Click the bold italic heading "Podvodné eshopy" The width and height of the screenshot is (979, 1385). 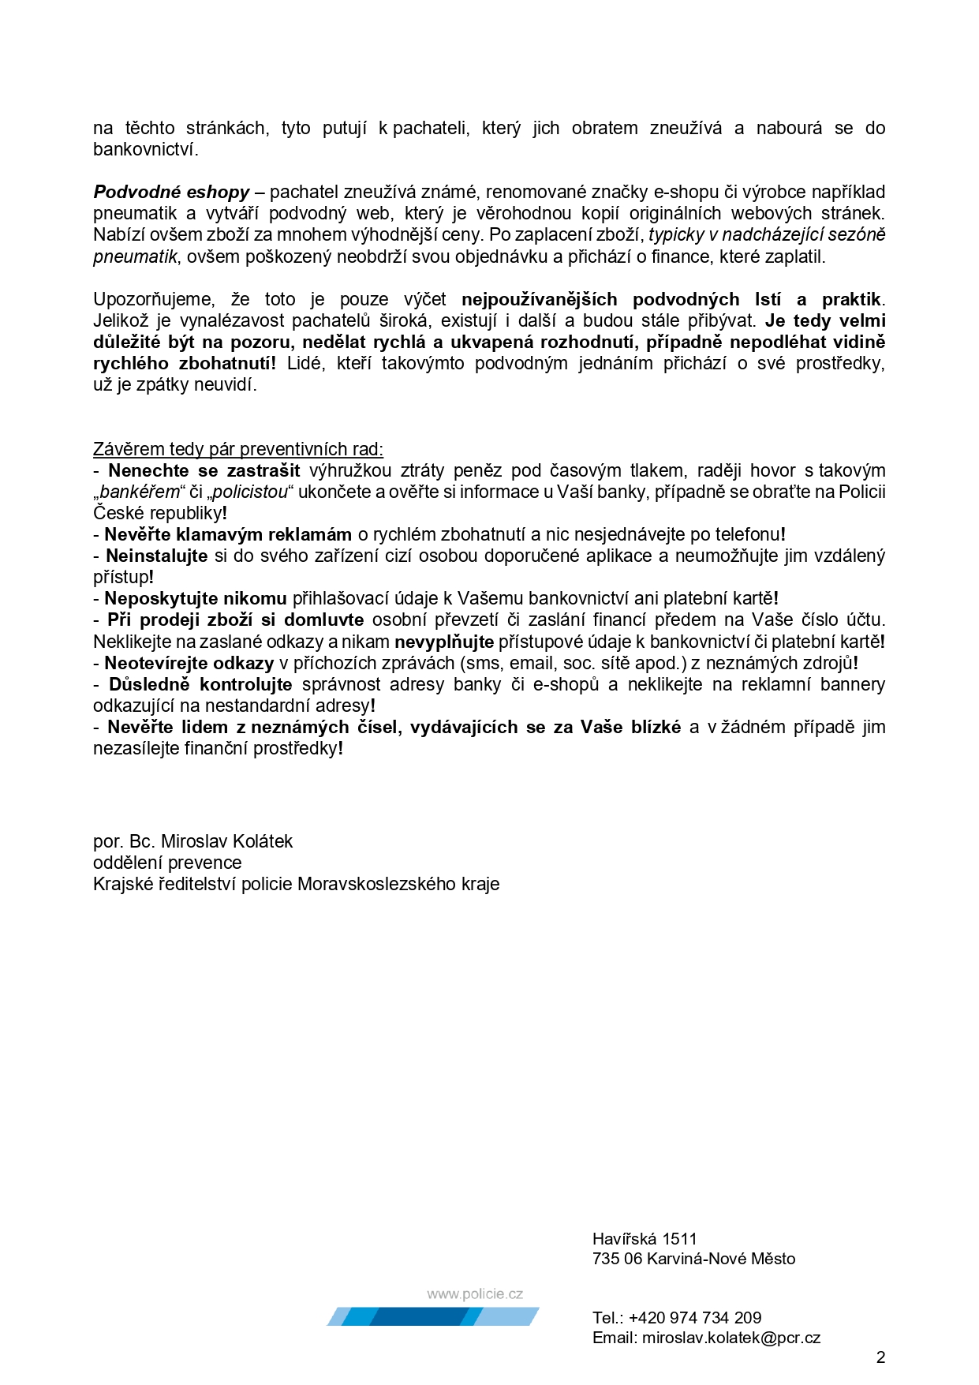point(171,192)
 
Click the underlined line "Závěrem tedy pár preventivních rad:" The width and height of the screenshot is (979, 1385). point(238,449)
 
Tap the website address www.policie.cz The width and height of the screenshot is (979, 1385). point(475,1294)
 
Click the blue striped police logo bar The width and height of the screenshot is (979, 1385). point(433,1316)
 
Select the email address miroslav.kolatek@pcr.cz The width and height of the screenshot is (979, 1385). point(731,1338)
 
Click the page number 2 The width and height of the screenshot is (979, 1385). point(880,1357)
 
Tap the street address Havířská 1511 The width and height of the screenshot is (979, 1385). point(645,1238)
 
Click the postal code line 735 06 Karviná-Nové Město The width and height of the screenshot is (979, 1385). point(693,1259)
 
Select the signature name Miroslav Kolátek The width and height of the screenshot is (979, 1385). point(226,841)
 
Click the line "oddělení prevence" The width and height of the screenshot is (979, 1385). point(167,863)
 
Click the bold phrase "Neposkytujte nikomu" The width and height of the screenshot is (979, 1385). point(196,598)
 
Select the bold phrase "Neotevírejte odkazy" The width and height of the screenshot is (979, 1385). point(189,663)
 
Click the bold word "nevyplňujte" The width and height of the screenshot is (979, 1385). point(444,642)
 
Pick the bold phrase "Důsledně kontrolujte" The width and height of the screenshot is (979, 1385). point(200,684)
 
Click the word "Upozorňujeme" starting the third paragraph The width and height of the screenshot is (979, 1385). point(154,299)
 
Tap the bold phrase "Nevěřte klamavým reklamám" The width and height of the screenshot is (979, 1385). point(228,534)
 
